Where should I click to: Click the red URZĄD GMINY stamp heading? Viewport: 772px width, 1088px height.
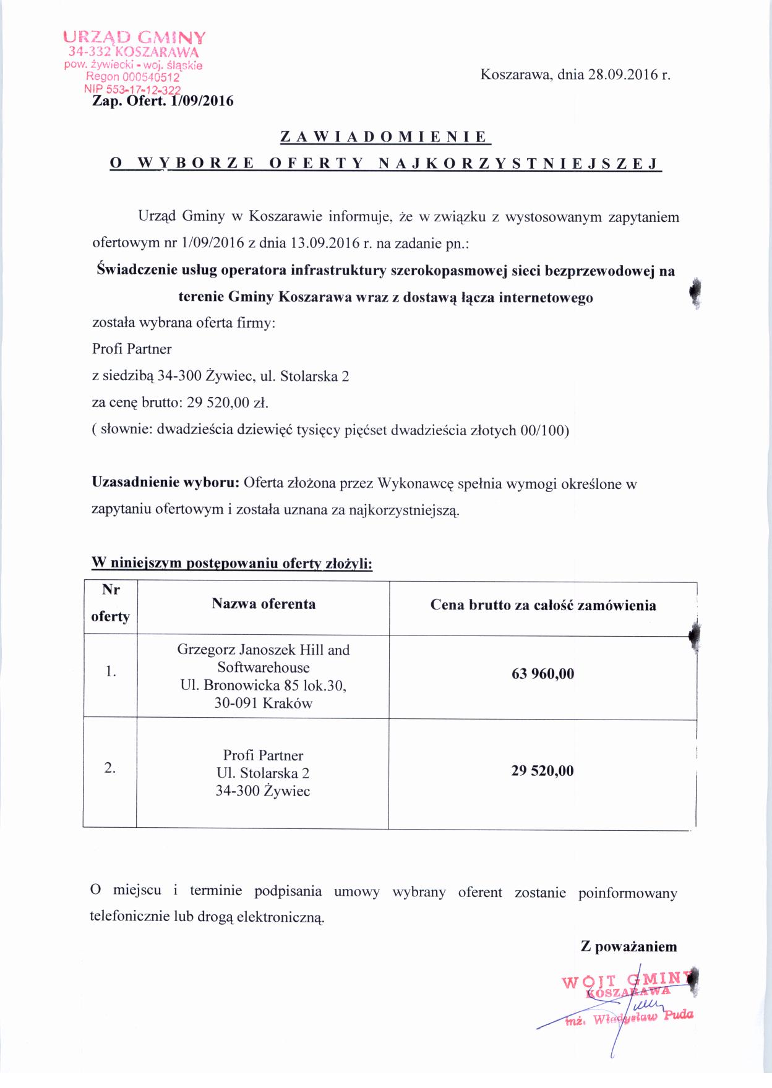click(134, 38)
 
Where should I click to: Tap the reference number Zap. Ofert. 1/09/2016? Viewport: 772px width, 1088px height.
click(163, 101)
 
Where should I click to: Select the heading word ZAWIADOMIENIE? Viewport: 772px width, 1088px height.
click(385, 137)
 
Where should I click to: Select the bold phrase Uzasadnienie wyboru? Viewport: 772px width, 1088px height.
click(165, 483)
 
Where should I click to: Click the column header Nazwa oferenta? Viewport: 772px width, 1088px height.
click(264, 604)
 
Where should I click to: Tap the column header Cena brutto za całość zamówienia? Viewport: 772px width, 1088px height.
click(543, 605)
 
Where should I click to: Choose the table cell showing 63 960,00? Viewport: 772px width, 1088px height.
click(543, 674)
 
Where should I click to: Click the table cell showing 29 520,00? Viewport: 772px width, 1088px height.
click(543, 771)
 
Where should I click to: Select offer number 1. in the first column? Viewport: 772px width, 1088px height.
click(111, 671)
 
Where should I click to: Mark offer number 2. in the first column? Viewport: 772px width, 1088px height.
click(110, 768)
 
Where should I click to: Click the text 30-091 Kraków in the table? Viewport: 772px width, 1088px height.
click(264, 703)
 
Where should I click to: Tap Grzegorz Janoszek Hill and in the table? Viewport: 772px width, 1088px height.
click(264, 650)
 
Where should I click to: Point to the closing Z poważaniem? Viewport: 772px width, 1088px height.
click(628, 946)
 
